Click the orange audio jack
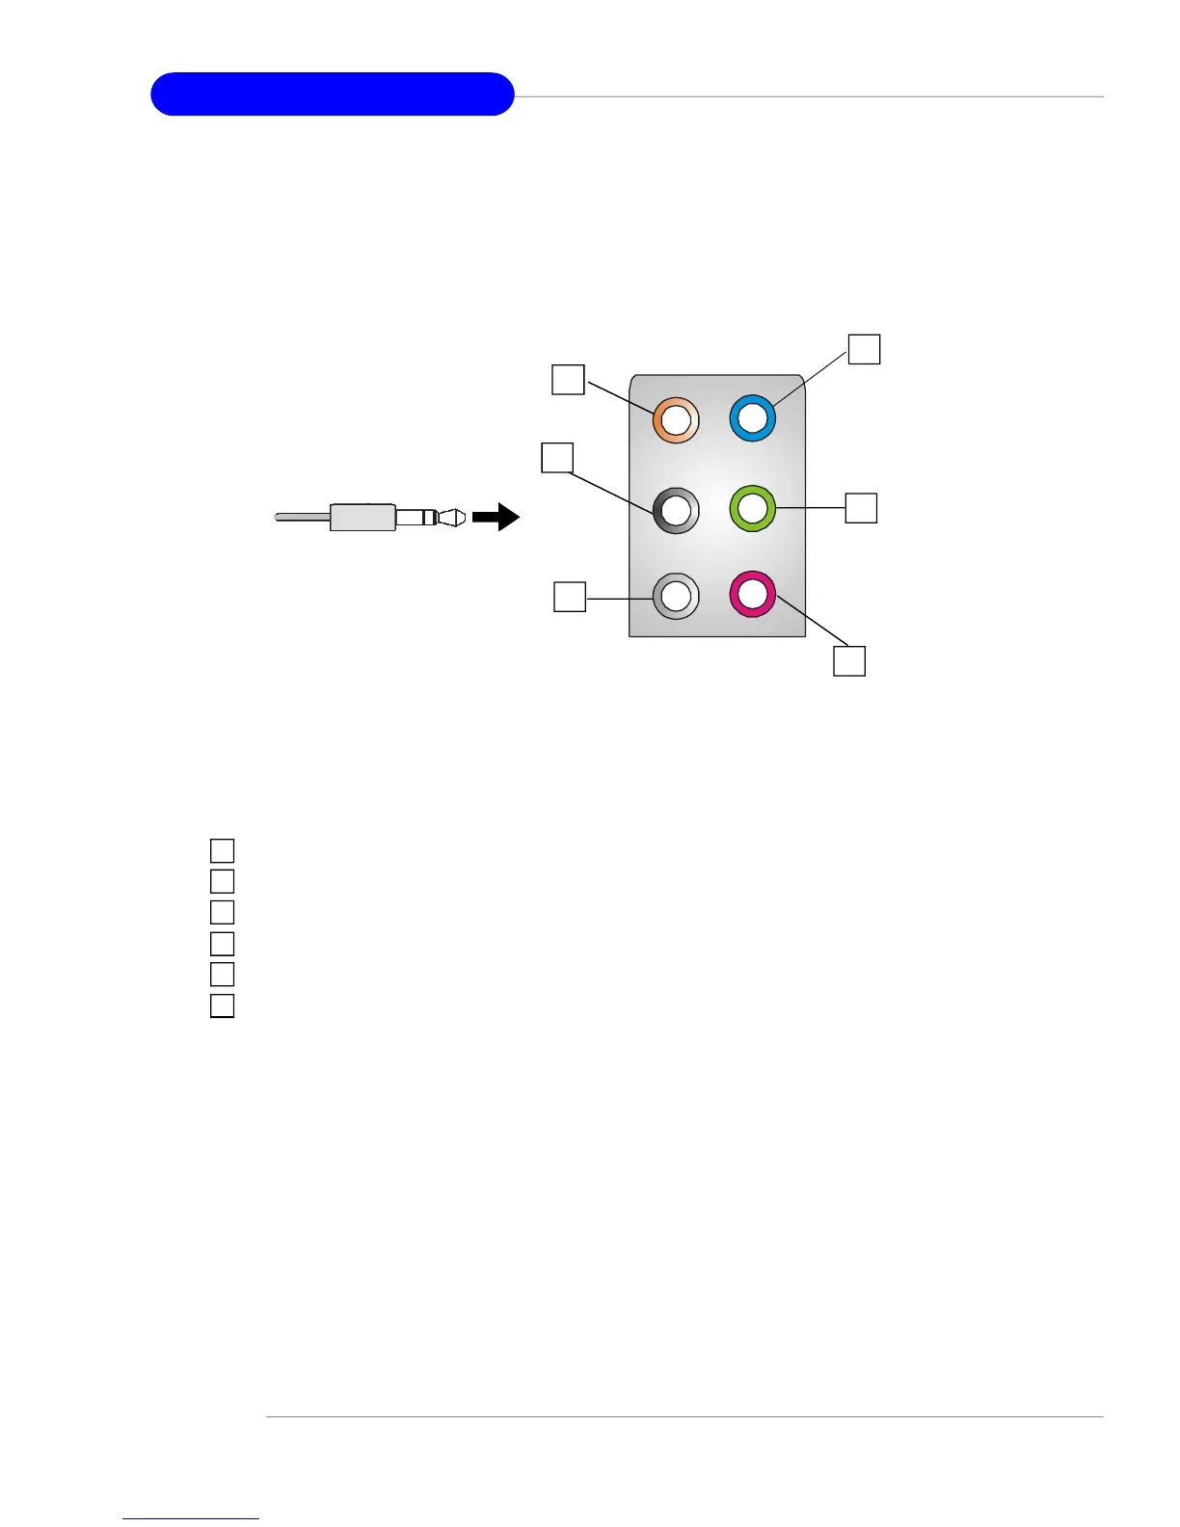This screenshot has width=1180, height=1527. click(675, 420)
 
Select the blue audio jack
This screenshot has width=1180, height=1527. click(752, 419)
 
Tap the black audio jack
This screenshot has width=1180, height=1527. click(675, 510)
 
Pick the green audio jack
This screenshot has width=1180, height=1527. click(752, 508)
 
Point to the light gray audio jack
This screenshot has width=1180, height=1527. click(675, 596)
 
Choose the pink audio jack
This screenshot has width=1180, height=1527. click(752, 594)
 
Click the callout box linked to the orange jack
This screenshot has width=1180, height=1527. click(568, 379)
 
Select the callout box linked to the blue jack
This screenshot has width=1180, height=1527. click(864, 349)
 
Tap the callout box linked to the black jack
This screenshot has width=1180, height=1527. click(557, 457)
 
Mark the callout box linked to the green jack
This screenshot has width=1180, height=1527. click(861, 508)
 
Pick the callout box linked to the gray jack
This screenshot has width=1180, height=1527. click(570, 597)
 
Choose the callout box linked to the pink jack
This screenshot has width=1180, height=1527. click(849, 661)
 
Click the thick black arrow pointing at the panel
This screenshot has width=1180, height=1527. click(496, 518)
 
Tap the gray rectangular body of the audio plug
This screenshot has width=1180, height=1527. click(362, 518)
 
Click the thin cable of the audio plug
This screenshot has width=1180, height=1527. click(302, 518)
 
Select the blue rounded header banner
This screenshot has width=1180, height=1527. click(332, 94)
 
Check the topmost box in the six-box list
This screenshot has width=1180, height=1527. click(222, 850)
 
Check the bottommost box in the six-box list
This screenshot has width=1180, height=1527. click(222, 1005)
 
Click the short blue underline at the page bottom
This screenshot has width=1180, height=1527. click(191, 1518)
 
